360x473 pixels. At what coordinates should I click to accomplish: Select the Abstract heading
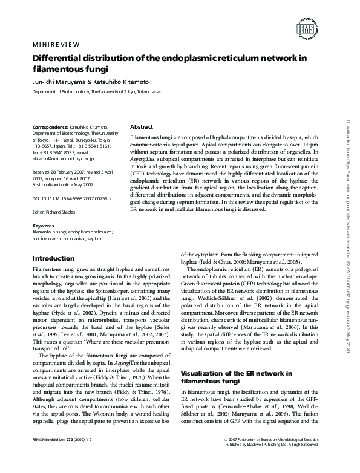click(x=142, y=127)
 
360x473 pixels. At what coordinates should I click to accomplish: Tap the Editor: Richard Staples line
click(x=53, y=212)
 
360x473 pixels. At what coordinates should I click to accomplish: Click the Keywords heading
click(x=42, y=226)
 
